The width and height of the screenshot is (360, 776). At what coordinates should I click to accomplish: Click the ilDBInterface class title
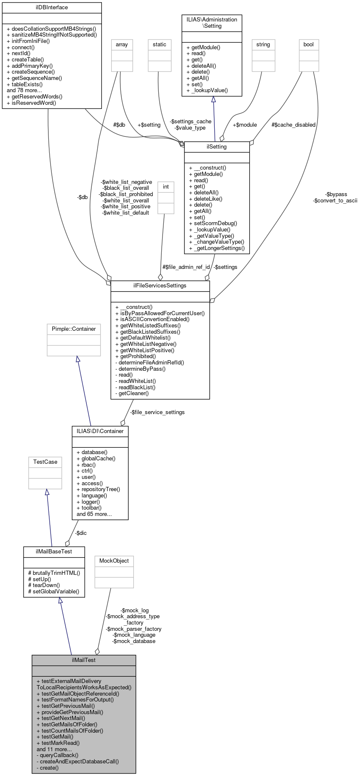coord(52,8)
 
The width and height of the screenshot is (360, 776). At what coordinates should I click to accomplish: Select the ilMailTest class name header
coord(84,660)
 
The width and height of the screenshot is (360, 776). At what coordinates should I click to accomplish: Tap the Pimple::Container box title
coord(74,329)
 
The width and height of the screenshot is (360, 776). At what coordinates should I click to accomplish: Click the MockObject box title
coord(114,561)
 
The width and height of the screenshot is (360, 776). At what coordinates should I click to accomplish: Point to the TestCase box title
coord(45,462)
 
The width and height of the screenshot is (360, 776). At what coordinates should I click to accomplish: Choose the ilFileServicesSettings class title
coord(160,285)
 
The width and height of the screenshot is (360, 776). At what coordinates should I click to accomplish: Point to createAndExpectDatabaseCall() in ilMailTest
coord(78,761)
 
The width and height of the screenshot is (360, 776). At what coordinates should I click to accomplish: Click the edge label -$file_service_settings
coord(157,412)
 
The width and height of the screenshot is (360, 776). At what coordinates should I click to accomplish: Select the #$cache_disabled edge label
coord(293,125)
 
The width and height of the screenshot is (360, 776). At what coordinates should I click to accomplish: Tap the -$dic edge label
coord(81,533)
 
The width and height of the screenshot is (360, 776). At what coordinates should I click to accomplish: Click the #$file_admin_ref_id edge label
coord(186,267)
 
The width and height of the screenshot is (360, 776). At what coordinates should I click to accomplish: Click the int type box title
coord(166,186)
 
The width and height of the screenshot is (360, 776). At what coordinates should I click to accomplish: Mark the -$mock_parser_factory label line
coord(133,629)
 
